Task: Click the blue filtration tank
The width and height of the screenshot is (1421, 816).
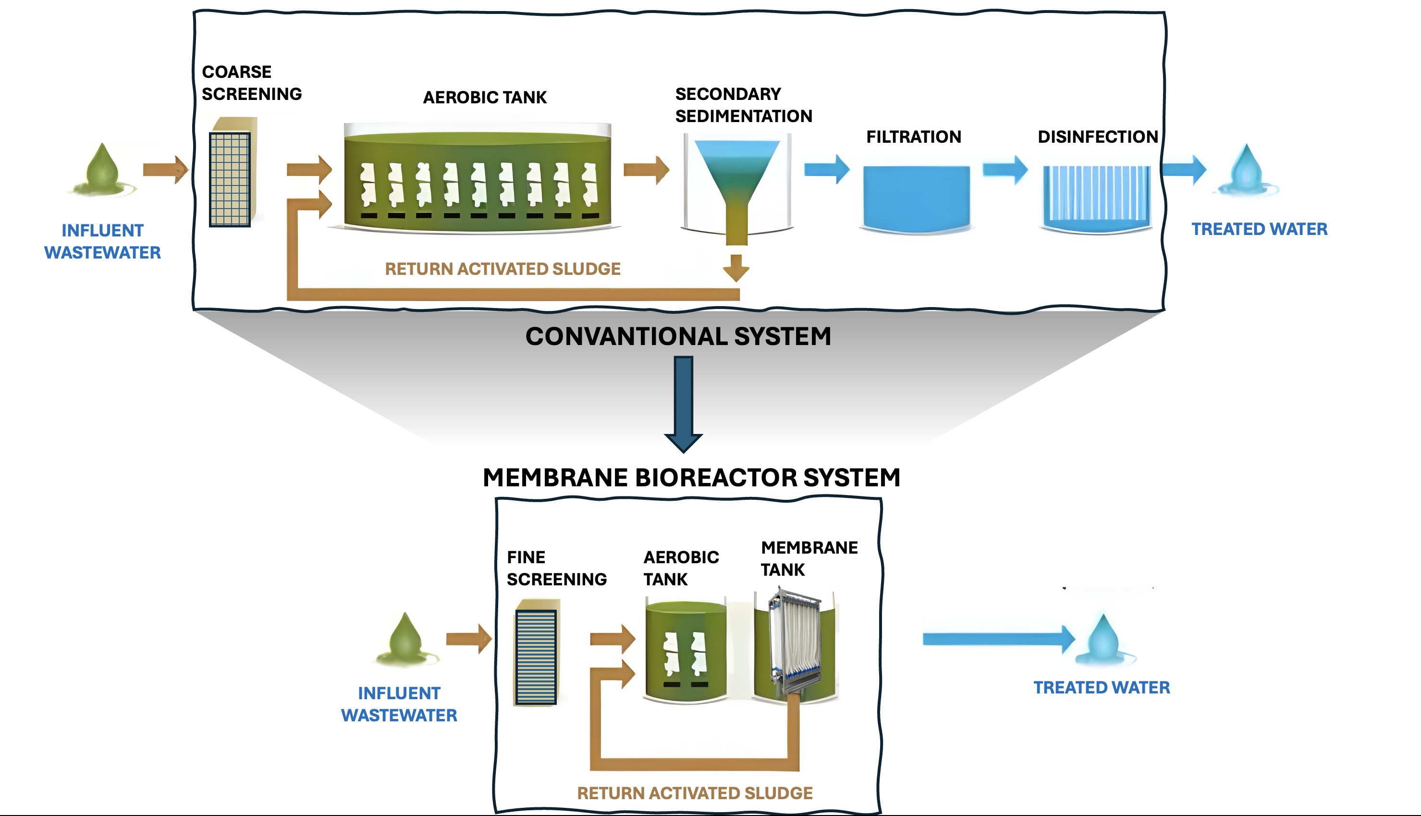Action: point(916,199)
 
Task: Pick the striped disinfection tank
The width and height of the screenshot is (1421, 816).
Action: point(1096,199)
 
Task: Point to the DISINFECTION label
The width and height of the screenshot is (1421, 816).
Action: point(1098,137)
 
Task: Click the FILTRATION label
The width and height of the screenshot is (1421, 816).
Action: point(914,137)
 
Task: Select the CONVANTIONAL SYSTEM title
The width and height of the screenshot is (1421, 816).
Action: point(678,336)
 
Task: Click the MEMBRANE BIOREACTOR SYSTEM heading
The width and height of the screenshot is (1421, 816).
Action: point(692,478)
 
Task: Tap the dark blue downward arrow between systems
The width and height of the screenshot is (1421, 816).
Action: point(683,404)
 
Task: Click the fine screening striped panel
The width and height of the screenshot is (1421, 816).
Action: point(536,657)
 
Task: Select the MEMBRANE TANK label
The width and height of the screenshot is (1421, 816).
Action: point(809,559)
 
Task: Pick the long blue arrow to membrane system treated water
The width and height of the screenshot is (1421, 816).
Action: point(999,639)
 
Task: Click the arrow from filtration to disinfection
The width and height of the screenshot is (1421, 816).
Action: point(1005,169)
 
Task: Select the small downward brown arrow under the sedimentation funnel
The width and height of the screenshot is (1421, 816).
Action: point(736,268)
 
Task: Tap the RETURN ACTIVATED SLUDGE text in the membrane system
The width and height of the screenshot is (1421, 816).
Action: point(695,793)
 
